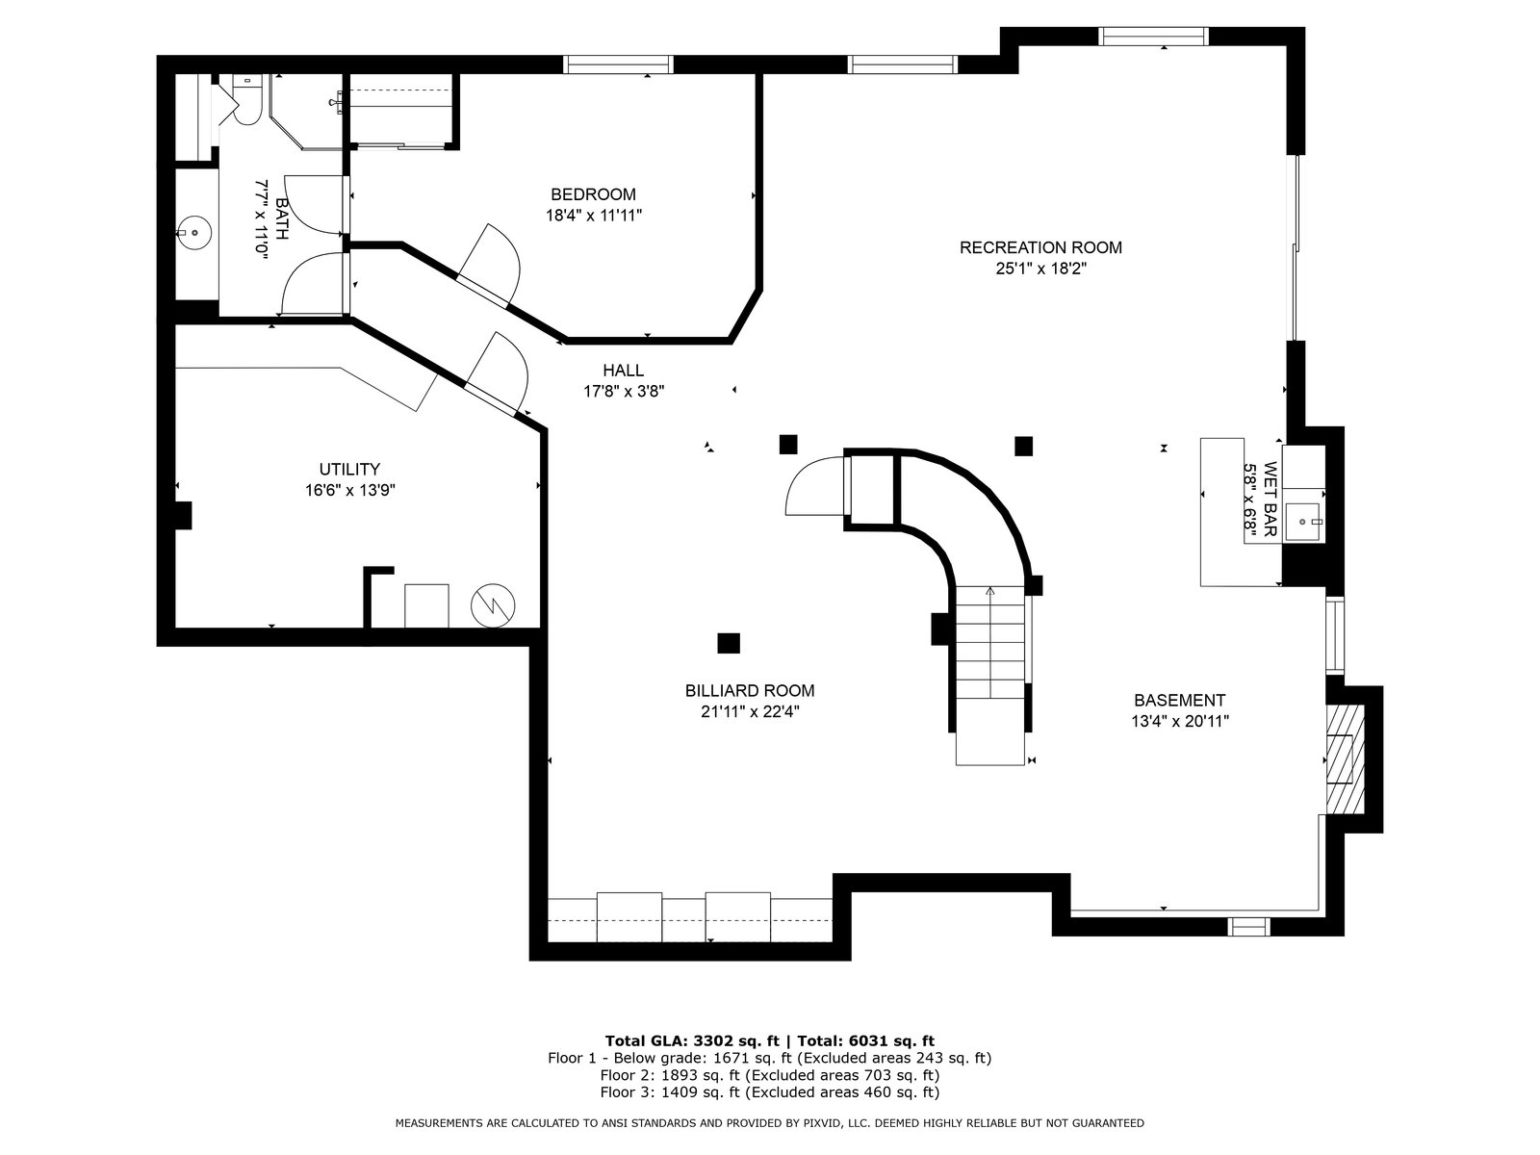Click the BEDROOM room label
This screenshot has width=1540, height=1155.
point(593,194)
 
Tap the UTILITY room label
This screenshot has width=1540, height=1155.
point(349,469)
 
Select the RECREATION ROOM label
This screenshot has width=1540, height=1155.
point(1040,247)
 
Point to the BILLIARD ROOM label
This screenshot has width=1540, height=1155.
point(750,691)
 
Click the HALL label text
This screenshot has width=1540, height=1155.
point(623,371)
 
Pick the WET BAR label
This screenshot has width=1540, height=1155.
point(1270,499)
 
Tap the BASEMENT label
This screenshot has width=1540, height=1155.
point(1180,701)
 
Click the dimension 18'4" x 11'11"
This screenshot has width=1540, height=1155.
point(594,216)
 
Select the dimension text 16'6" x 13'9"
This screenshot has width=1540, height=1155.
point(350,490)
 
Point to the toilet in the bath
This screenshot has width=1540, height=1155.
point(246,102)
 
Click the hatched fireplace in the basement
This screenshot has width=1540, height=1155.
point(1345,758)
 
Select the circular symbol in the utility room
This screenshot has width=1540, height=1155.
point(493,605)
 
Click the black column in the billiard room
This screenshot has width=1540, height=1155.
point(729,643)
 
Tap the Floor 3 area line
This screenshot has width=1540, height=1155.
point(770,1091)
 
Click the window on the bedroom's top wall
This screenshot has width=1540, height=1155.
point(618,64)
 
